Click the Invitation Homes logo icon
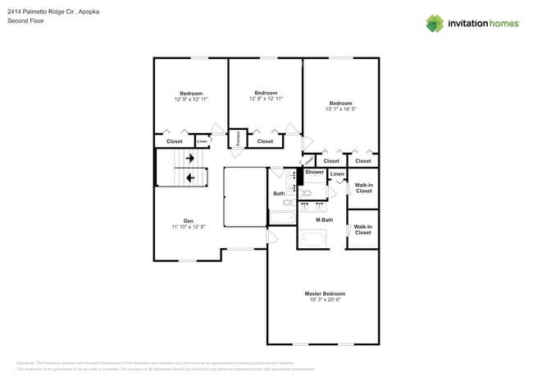pyautogui.click(x=434, y=23)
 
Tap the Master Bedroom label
pyautogui.click(x=325, y=293)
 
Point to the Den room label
pyautogui.click(x=188, y=221)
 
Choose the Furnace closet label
pyautogui.click(x=238, y=139)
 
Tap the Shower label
pyautogui.click(x=315, y=173)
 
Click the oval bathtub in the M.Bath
pyautogui.click(x=312, y=239)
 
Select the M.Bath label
pyautogui.click(x=325, y=219)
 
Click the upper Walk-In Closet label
pyautogui.click(x=362, y=188)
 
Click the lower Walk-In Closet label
pyautogui.click(x=362, y=229)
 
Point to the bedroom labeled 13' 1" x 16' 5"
pyautogui.click(x=340, y=106)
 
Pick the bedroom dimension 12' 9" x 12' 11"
pyautogui.click(x=190, y=99)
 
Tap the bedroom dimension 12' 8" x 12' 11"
pyautogui.click(x=266, y=99)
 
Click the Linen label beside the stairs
pyautogui.click(x=202, y=141)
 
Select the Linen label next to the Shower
pyautogui.click(x=337, y=174)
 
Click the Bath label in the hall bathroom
pyautogui.click(x=279, y=193)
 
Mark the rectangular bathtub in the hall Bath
pyautogui.click(x=282, y=218)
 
